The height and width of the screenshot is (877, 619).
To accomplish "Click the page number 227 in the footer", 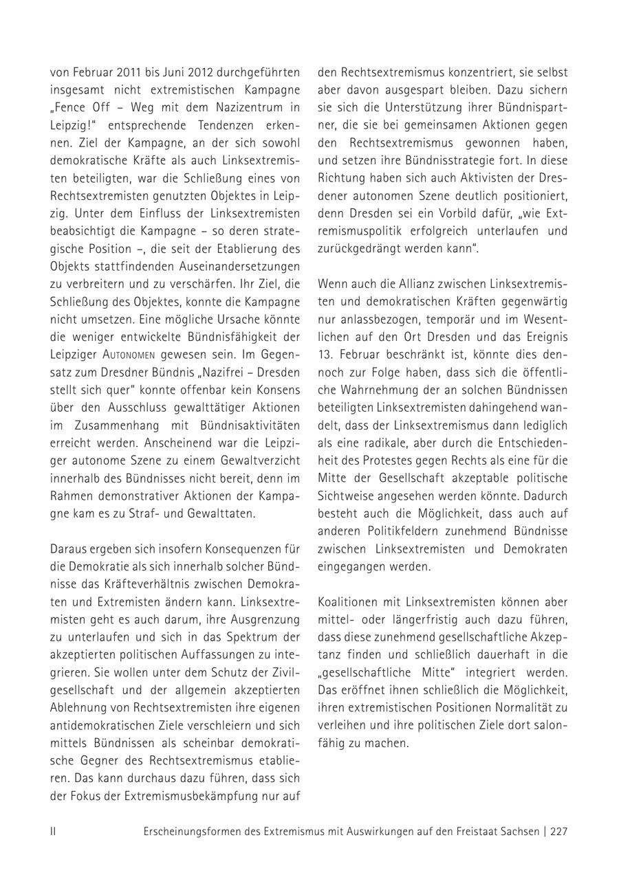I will pos(558,831).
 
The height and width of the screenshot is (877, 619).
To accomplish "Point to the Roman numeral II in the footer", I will pos(53,831).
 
